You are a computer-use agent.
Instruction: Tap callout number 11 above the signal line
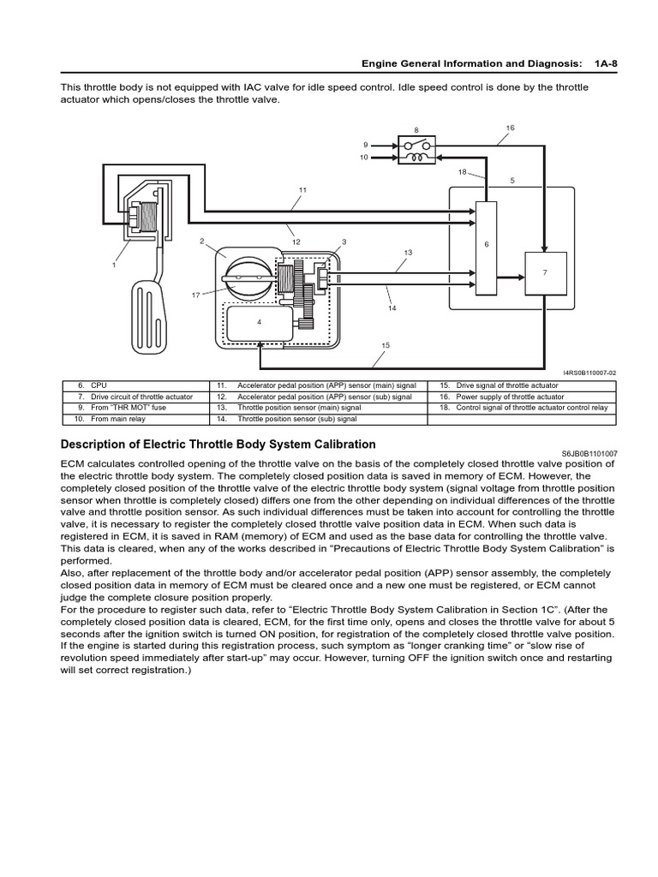(302, 189)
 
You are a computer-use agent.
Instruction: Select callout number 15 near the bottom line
(386, 345)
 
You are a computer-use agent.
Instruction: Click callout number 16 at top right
(511, 128)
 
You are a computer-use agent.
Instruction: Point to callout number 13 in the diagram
(408, 253)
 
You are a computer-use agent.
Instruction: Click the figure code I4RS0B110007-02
(589, 373)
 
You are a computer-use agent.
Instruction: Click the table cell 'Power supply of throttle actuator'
(510, 397)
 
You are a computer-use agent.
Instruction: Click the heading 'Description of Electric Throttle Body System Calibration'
(218, 444)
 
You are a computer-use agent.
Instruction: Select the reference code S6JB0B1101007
(589, 453)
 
